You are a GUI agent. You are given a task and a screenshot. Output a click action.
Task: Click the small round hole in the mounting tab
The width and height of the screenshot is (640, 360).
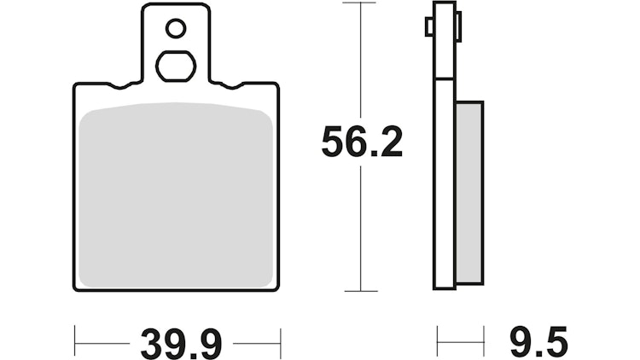(x=176, y=29)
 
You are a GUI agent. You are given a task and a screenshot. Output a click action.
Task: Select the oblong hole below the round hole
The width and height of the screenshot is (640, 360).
(x=176, y=66)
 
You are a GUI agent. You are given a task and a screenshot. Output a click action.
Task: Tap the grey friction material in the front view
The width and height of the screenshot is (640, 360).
(x=176, y=196)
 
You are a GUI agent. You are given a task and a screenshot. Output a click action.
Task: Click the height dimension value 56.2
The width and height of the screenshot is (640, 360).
(x=362, y=142)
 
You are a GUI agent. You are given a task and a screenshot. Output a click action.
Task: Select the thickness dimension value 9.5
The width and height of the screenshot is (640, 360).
(x=538, y=343)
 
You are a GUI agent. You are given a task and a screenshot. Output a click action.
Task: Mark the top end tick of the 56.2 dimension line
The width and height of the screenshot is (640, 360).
(x=362, y=3)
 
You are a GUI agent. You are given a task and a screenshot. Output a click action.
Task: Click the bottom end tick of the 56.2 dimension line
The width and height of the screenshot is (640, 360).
(x=362, y=291)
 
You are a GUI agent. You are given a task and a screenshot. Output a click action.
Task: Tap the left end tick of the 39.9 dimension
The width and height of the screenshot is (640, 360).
(x=75, y=343)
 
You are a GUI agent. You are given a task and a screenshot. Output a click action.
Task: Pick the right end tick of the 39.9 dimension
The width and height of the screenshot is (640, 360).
(x=280, y=343)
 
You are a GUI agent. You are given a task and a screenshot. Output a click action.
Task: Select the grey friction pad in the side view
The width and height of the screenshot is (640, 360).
(x=469, y=192)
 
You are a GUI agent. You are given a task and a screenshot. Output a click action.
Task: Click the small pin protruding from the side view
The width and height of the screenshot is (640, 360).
(x=429, y=27)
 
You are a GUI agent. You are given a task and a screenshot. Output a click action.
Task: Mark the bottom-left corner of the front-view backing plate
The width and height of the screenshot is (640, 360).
(x=76, y=288)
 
